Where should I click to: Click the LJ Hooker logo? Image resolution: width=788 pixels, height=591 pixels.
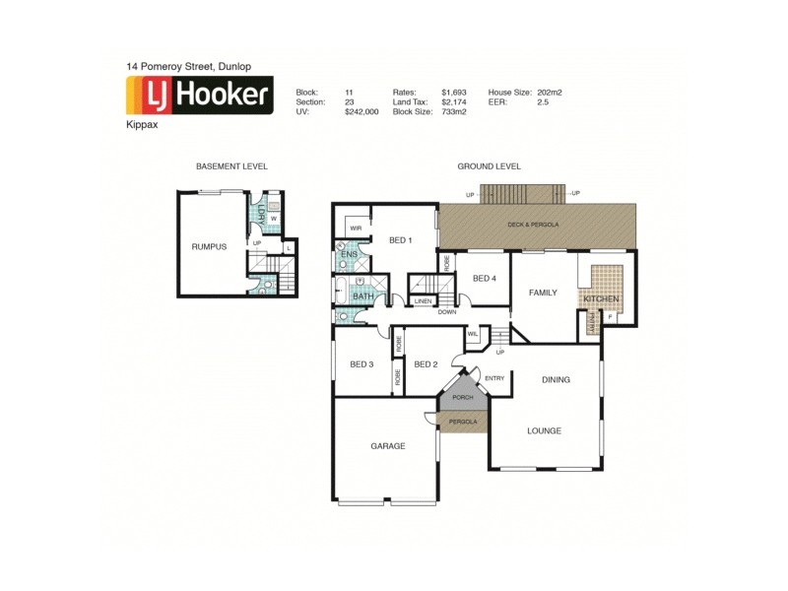click(199, 96)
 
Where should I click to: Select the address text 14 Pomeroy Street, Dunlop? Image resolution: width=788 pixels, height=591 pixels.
click(188, 66)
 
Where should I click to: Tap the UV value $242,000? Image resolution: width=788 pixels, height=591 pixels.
click(361, 111)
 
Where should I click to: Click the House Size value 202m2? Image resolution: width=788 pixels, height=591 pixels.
click(550, 92)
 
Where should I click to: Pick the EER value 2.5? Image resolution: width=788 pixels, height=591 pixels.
click(543, 101)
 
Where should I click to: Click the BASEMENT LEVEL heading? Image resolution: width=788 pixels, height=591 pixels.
click(231, 166)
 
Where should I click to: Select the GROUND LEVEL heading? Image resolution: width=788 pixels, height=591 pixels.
click(489, 166)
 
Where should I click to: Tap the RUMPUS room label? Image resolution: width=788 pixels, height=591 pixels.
click(209, 246)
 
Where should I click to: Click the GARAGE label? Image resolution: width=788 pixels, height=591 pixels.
click(388, 446)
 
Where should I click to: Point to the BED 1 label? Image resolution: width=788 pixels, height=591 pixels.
click(401, 239)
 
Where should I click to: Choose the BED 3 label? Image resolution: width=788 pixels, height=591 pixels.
click(361, 364)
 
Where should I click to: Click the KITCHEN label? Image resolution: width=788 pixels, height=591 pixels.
click(601, 297)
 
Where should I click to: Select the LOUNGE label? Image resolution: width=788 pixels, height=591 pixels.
click(544, 430)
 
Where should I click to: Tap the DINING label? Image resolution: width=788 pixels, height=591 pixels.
click(556, 379)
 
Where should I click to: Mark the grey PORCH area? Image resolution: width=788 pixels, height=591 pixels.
click(463, 397)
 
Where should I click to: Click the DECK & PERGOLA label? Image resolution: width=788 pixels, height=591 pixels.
click(533, 225)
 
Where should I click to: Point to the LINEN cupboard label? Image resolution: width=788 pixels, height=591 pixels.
click(423, 300)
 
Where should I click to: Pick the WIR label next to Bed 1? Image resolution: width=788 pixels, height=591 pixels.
click(355, 228)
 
